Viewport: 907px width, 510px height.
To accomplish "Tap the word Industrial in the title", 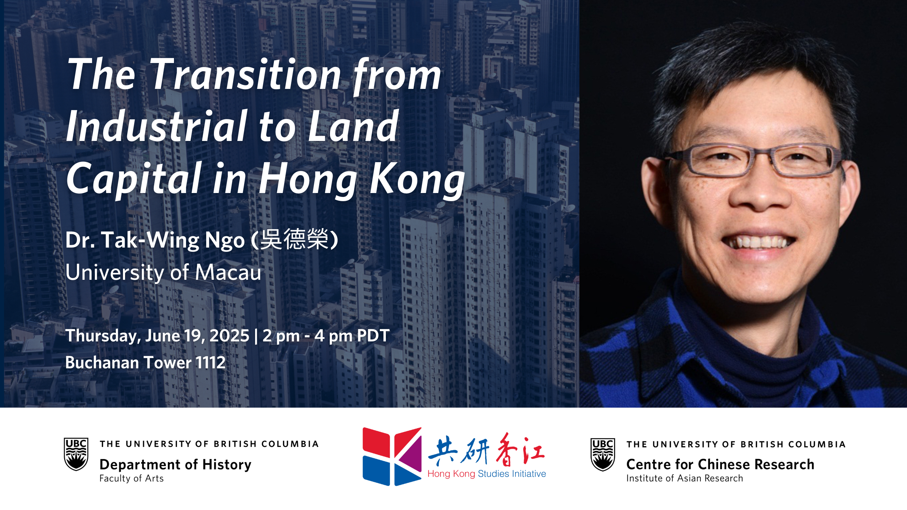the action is point(156,126).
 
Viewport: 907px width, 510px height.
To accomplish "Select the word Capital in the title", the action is point(134,179).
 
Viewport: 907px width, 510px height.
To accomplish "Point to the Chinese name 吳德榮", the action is point(294,239).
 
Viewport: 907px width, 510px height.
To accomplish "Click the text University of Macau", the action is point(163,272).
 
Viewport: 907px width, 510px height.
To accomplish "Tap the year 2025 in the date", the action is point(230,335).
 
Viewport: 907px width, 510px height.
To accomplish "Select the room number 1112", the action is point(210,362).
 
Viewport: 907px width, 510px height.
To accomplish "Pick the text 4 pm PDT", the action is point(352,336).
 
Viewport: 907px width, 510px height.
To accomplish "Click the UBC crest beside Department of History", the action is point(76,454).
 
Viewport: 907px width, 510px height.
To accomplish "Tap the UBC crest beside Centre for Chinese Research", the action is point(603,454).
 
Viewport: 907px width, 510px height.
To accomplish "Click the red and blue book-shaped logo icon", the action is point(392,456).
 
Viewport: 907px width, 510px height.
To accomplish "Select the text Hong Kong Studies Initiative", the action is point(487,474).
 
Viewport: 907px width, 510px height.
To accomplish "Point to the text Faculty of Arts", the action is point(131,478).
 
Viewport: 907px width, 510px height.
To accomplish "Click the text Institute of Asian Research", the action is point(685,478).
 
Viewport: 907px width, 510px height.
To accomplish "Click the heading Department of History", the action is point(175,464).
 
